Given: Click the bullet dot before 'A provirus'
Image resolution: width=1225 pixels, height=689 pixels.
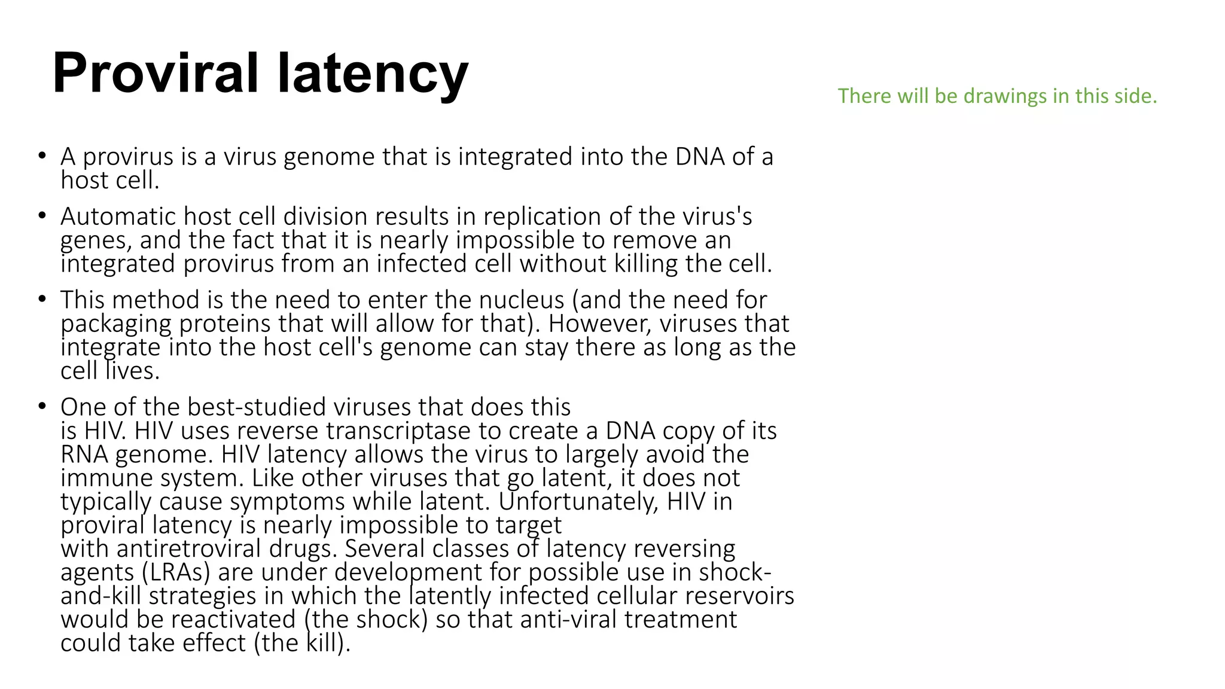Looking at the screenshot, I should [x=41, y=157].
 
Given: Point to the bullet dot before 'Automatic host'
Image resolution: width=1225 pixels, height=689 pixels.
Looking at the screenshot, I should [x=41, y=216].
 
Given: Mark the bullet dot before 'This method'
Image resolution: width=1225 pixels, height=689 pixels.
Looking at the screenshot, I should [x=41, y=299].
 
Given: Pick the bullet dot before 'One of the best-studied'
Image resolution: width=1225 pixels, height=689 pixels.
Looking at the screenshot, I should [x=41, y=407].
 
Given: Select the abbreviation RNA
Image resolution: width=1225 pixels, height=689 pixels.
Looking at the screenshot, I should [x=84, y=455].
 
